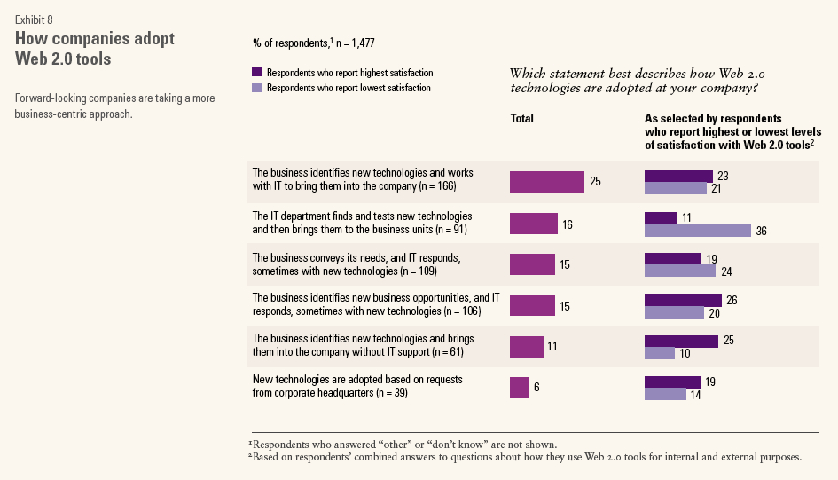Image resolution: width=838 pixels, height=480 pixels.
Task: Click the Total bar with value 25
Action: pyautogui.click(x=547, y=181)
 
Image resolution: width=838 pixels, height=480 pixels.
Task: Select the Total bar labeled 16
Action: pyautogui.click(x=533, y=224)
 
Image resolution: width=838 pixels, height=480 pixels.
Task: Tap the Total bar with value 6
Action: pyautogui.click(x=519, y=388)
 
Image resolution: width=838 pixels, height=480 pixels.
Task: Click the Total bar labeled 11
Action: pyautogui.click(x=526, y=347)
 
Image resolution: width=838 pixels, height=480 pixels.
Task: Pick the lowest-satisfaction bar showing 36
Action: pyautogui.click(x=697, y=231)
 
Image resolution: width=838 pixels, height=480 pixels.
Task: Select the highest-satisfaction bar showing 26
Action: pyautogui.click(x=683, y=300)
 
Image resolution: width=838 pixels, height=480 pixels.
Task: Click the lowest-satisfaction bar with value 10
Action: pyautogui.click(x=659, y=353)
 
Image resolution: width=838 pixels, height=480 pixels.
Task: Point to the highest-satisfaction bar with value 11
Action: pyautogui.click(x=661, y=217)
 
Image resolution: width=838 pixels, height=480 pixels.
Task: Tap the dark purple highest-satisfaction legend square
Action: pyautogui.click(x=257, y=72)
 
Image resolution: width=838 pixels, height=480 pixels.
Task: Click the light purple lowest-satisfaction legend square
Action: pyautogui.click(x=257, y=88)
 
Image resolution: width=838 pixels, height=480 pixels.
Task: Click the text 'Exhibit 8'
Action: pyautogui.click(x=34, y=20)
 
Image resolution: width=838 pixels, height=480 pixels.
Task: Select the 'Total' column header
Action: pyautogui.click(x=522, y=118)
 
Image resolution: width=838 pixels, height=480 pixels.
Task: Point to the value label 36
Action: pyautogui.click(x=761, y=231)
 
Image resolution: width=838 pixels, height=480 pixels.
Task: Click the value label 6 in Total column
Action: pyautogui.click(x=537, y=388)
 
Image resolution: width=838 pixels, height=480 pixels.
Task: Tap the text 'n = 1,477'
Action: pyautogui.click(x=362, y=42)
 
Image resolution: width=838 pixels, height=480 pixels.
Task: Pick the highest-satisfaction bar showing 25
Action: pyautogui.click(x=681, y=341)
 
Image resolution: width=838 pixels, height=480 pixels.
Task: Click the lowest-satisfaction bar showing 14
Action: pyautogui.click(x=665, y=394)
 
